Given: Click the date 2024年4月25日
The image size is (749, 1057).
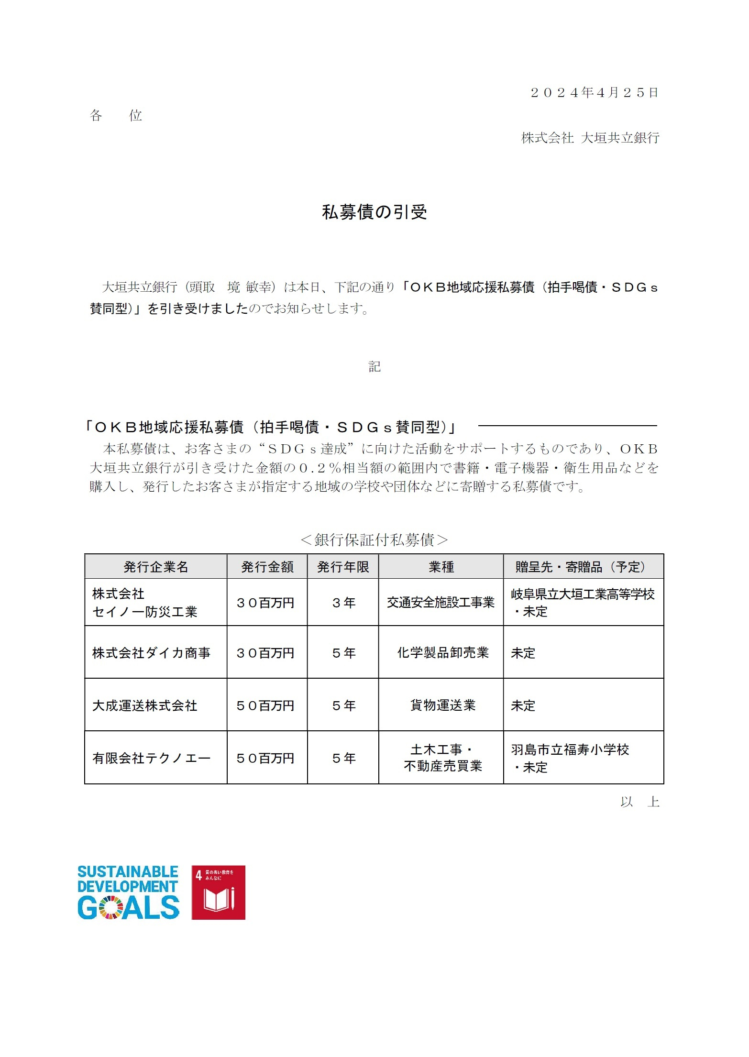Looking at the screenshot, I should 595,93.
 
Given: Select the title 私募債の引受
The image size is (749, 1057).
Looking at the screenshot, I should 374,212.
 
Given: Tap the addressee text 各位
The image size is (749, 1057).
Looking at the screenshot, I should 116,116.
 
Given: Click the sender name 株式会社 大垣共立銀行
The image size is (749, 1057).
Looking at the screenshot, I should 590,138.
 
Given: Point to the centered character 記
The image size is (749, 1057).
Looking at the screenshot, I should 374,367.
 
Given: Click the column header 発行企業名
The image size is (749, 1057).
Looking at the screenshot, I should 156,567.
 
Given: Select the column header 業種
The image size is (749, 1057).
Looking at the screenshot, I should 441,567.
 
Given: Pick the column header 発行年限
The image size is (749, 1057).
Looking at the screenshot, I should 343,567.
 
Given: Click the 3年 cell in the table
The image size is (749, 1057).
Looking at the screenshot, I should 343,603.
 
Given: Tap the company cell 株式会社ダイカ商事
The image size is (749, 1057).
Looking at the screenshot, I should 151,653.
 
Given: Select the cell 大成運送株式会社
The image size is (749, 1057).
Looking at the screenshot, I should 144,705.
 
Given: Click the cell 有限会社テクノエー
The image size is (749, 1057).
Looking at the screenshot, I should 151,758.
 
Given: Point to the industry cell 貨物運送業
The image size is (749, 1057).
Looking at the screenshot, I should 442,705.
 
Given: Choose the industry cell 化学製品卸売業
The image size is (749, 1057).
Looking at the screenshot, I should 442,653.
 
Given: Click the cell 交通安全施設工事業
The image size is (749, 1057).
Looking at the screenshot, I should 441,603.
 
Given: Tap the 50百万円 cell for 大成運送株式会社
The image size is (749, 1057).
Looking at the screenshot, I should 265,705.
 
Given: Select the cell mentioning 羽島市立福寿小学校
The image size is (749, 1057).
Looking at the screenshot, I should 570,749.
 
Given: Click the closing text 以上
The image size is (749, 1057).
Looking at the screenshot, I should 639,802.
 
